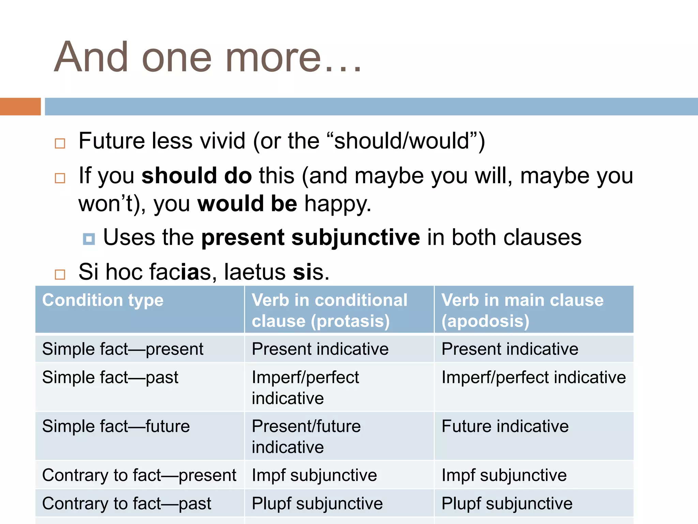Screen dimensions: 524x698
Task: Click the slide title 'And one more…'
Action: (x=208, y=57)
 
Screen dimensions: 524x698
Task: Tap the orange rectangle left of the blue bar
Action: (x=20, y=106)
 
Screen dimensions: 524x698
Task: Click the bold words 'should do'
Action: (x=197, y=176)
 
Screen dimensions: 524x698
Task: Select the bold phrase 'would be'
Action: (x=247, y=204)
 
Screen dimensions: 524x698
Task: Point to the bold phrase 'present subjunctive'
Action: (x=310, y=237)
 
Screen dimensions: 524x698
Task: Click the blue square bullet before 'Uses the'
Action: (x=89, y=239)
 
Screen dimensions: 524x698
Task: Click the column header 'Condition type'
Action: (x=103, y=300)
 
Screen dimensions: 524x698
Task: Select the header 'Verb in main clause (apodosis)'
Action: (x=522, y=310)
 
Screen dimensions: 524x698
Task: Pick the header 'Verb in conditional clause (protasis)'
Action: (x=329, y=310)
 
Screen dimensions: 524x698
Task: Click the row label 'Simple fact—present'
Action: (x=123, y=349)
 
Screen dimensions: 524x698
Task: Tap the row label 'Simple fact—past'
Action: (x=110, y=377)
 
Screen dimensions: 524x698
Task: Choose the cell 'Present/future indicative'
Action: (x=306, y=436)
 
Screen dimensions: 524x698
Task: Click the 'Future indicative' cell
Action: (x=505, y=426)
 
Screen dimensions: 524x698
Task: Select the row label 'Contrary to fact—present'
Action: (x=139, y=475)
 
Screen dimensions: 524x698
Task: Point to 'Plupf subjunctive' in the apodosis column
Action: (x=507, y=504)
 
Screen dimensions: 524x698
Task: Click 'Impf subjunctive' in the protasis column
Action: (x=314, y=475)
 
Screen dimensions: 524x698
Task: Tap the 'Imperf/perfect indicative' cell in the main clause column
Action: (x=534, y=377)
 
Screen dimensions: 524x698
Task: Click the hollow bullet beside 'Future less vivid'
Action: (x=60, y=143)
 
